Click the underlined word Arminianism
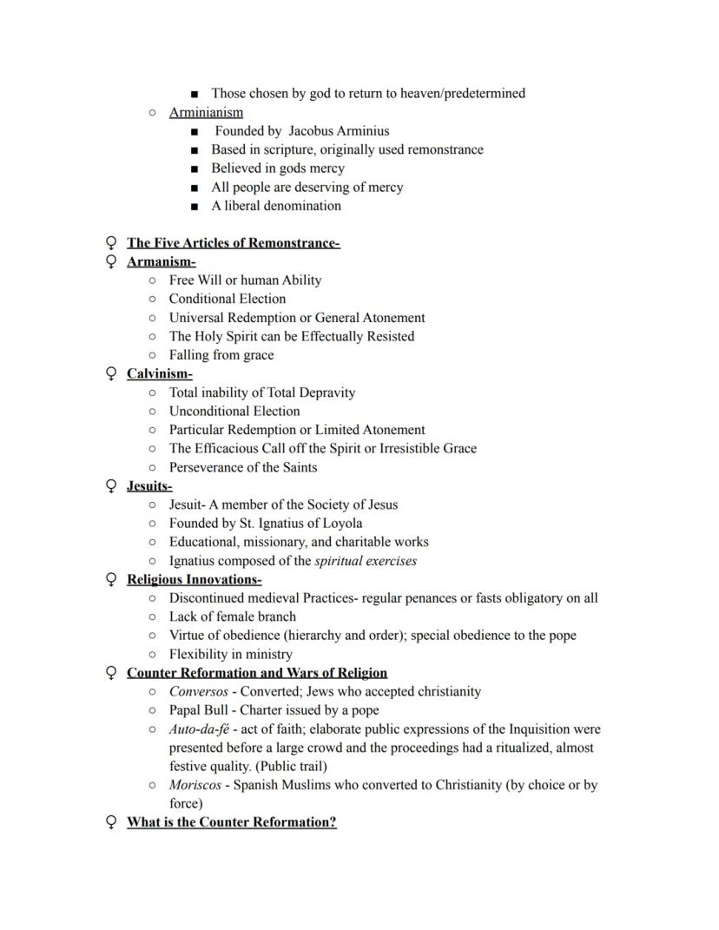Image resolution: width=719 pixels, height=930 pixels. (x=206, y=112)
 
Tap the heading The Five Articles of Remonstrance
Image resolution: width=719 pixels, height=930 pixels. (x=233, y=243)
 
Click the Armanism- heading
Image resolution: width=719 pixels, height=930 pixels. (x=161, y=261)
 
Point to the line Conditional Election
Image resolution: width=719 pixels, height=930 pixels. (x=227, y=299)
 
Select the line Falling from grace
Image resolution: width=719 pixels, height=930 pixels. (x=221, y=355)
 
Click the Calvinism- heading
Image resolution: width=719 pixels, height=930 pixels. (x=159, y=373)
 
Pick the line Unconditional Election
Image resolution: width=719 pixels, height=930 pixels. (x=234, y=412)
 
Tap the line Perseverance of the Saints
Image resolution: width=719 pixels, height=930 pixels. (x=242, y=467)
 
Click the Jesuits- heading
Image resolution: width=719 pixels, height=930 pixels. (x=149, y=486)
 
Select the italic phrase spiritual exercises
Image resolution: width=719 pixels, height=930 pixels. (x=366, y=561)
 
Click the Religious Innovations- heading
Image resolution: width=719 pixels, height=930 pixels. (x=194, y=579)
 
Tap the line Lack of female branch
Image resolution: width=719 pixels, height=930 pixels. (x=232, y=617)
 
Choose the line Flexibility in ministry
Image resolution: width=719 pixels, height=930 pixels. (x=230, y=654)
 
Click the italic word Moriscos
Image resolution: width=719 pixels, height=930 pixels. (x=195, y=785)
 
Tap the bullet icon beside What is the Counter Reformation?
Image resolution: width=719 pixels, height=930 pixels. (x=111, y=822)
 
